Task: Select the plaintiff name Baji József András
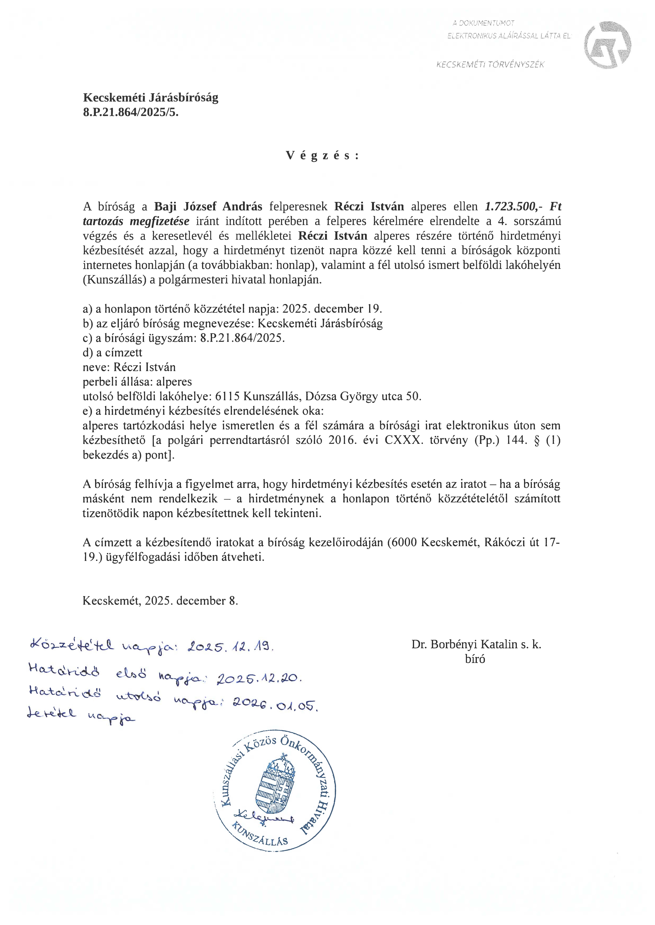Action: (208, 206)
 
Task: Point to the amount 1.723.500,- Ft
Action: (523, 206)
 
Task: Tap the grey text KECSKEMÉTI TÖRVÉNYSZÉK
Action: (490, 64)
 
